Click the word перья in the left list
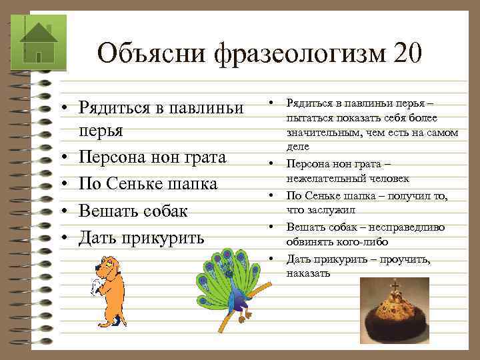[x=101, y=129]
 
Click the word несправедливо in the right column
[x=407, y=227]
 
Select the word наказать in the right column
[x=308, y=273]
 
